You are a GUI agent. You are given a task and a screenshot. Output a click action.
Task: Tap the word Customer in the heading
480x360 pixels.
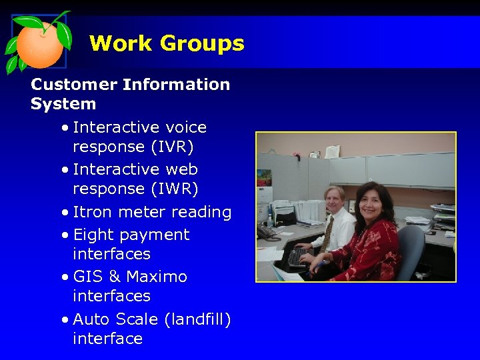(x=73, y=85)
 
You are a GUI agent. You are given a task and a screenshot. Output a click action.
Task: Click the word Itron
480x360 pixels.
(x=93, y=212)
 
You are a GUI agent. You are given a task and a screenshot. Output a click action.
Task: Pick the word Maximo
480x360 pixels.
(x=157, y=276)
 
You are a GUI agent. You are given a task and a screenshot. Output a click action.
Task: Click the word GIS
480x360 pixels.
(x=87, y=276)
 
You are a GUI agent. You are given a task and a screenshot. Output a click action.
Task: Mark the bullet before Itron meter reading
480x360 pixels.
(x=64, y=213)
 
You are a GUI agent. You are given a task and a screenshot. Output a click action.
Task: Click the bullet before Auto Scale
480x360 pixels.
(x=64, y=320)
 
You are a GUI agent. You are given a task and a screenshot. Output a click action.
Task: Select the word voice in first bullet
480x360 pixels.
(x=186, y=127)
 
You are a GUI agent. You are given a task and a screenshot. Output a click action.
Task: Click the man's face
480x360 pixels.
(x=334, y=199)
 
